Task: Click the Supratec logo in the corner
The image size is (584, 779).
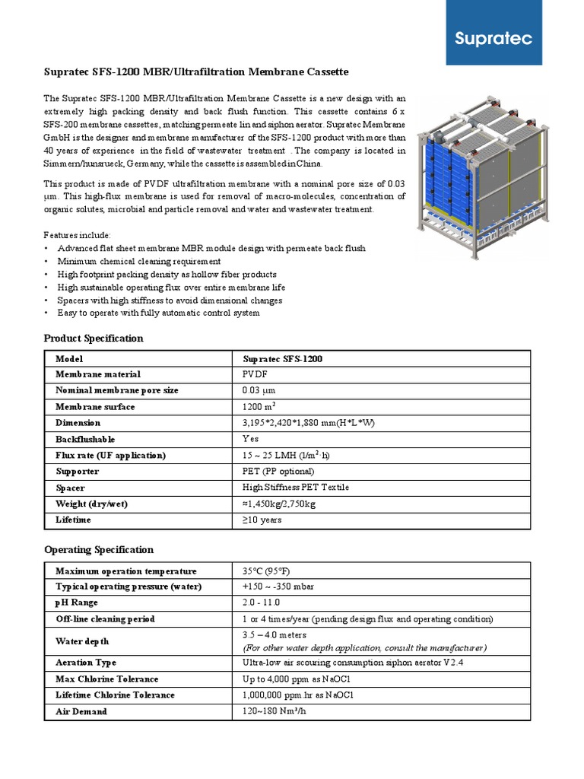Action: click(x=504, y=39)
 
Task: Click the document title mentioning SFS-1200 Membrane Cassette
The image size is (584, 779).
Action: click(x=196, y=72)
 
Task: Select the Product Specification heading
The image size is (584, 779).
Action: click(x=94, y=338)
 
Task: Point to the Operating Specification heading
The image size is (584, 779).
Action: click(x=99, y=549)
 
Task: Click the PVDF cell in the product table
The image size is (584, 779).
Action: click(x=255, y=374)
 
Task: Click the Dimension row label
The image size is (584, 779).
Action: click(x=78, y=423)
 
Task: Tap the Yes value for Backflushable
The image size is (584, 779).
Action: click(x=250, y=439)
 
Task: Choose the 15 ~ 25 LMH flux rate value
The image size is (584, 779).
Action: click(x=286, y=455)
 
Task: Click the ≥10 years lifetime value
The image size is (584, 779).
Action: click(x=262, y=520)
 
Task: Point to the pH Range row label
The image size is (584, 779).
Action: click(x=78, y=603)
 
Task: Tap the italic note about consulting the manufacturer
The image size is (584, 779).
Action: click(x=364, y=647)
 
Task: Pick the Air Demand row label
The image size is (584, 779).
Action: click(x=81, y=711)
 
